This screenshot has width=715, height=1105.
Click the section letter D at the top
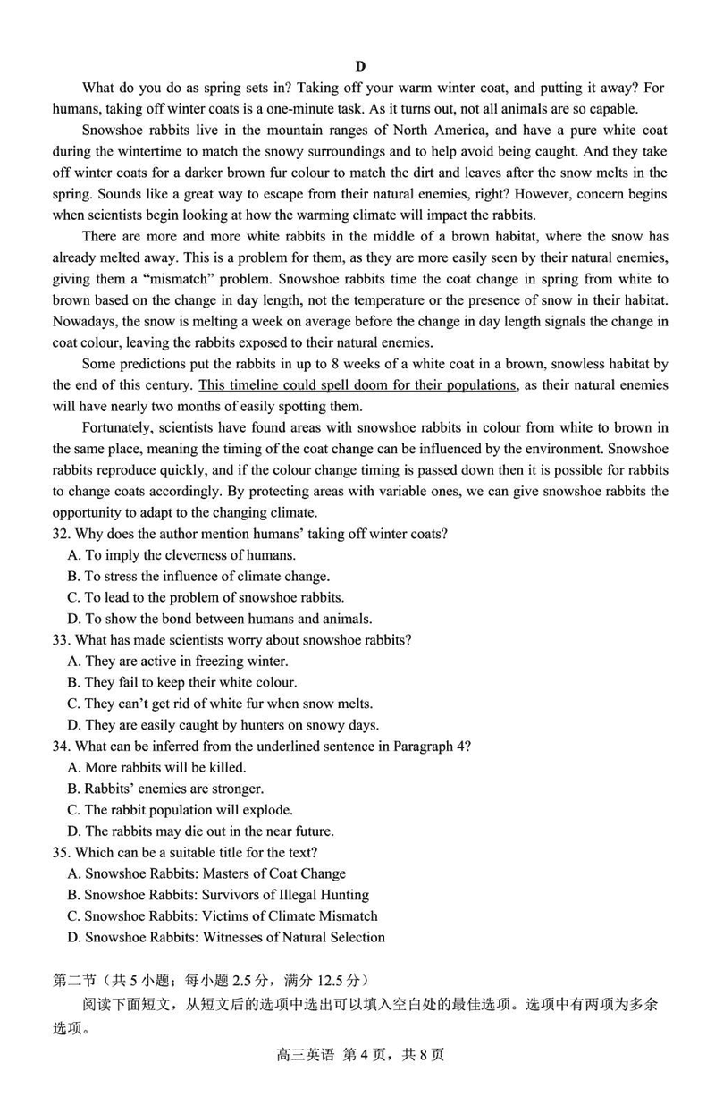pos(360,66)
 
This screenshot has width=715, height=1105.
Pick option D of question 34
pos(201,831)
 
